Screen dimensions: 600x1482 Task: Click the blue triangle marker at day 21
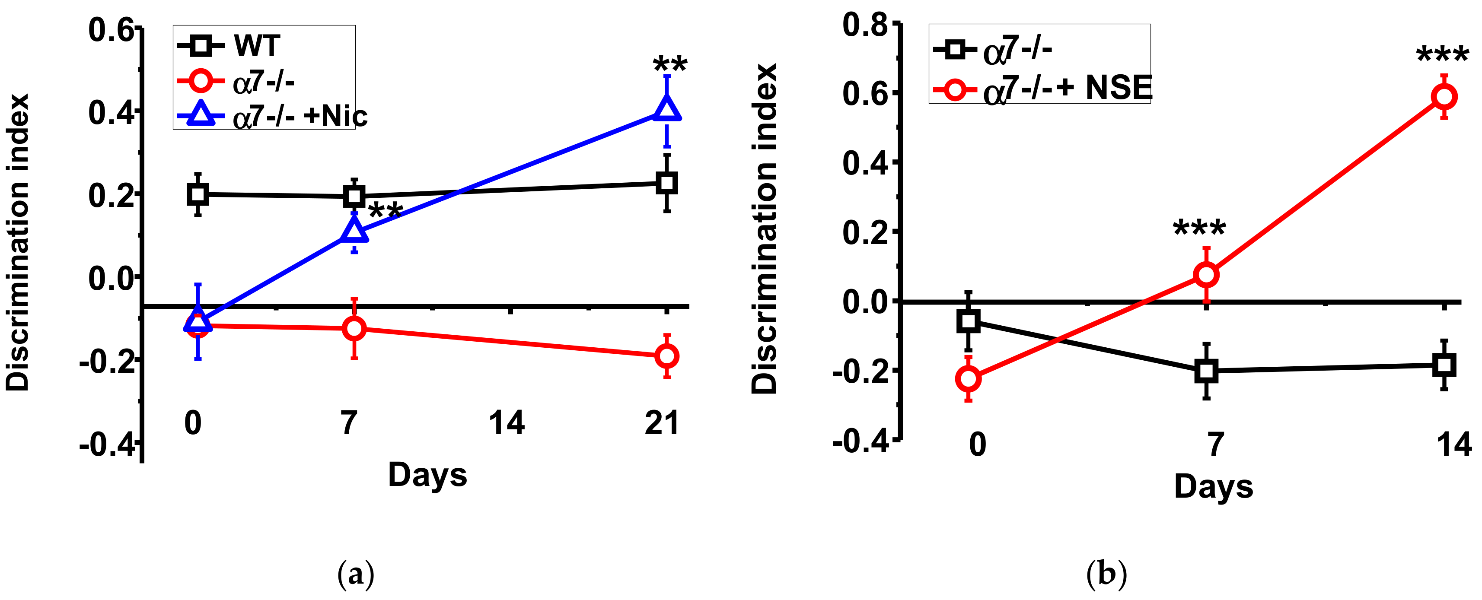pyautogui.click(x=667, y=109)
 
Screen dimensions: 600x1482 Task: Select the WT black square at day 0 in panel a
pyautogui.click(x=198, y=194)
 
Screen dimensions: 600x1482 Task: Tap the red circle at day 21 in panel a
pyautogui.click(x=667, y=356)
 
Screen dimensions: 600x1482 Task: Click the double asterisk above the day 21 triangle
pyautogui.click(x=670, y=64)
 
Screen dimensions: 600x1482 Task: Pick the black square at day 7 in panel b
pyautogui.click(x=1206, y=371)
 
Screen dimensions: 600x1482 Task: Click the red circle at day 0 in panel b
pyautogui.click(x=969, y=378)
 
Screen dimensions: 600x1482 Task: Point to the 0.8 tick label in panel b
pyautogui.click(x=865, y=25)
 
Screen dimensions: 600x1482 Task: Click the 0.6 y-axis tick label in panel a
pyautogui.click(x=111, y=30)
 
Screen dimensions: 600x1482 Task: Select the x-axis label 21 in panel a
pyautogui.click(x=662, y=423)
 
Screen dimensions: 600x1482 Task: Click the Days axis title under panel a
pyautogui.click(x=427, y=475)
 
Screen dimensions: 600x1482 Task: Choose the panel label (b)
pyautogui.click(x=1106, y=574)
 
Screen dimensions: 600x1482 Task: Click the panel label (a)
pyautogui.click(x=356, y=574)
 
